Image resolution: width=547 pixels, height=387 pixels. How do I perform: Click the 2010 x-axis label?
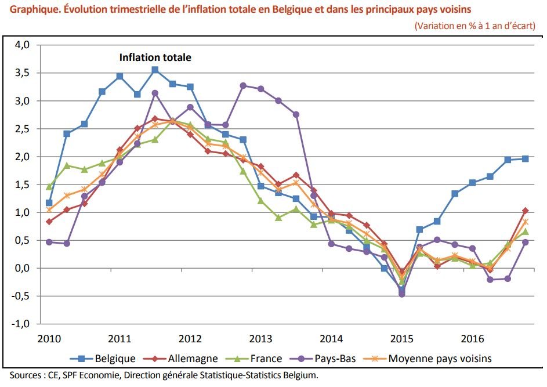49,339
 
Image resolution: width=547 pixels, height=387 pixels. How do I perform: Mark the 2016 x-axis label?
472,339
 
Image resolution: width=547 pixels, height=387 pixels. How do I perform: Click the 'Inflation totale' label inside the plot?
155,57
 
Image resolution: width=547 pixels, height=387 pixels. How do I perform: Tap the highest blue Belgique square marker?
155,70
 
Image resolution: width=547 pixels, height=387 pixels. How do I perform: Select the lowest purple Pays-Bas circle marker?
402,294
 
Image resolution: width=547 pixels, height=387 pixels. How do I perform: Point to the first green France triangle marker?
49,186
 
